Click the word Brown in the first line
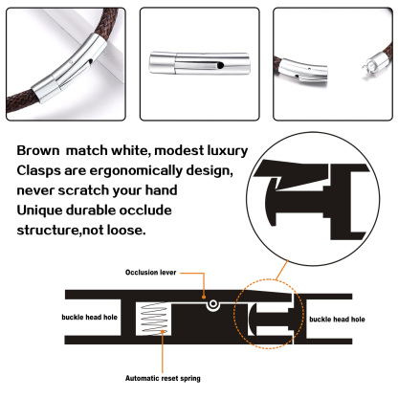[39, 151]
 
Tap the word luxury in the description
[221, 151]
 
